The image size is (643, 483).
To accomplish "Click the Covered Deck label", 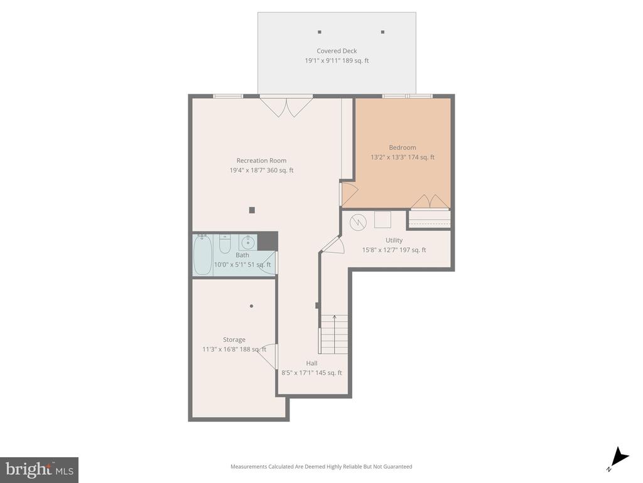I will [x=337, y=51].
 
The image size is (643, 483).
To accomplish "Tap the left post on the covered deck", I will [x=320, y=31].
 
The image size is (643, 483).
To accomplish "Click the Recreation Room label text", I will [x=261, y=160].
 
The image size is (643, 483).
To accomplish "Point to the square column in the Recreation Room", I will [x=252, y=210].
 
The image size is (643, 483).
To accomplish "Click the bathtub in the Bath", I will [x=202, y=254].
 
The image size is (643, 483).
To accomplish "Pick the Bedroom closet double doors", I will [x=430, y=201].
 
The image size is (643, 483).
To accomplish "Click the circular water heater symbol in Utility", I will [x=358, y=221].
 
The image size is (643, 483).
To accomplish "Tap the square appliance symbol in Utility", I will [x=382, y=219].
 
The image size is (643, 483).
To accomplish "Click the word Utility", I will [x=394, y=240].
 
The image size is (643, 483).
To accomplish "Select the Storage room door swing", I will [x=269, y=357].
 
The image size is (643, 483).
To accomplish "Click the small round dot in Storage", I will [x=251, y=306].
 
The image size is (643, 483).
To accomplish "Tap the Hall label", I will [x=311, y=363].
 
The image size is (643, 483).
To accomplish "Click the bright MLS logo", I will [x=39, y=469].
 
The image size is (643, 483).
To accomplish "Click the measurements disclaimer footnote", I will [x=321, y=467].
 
